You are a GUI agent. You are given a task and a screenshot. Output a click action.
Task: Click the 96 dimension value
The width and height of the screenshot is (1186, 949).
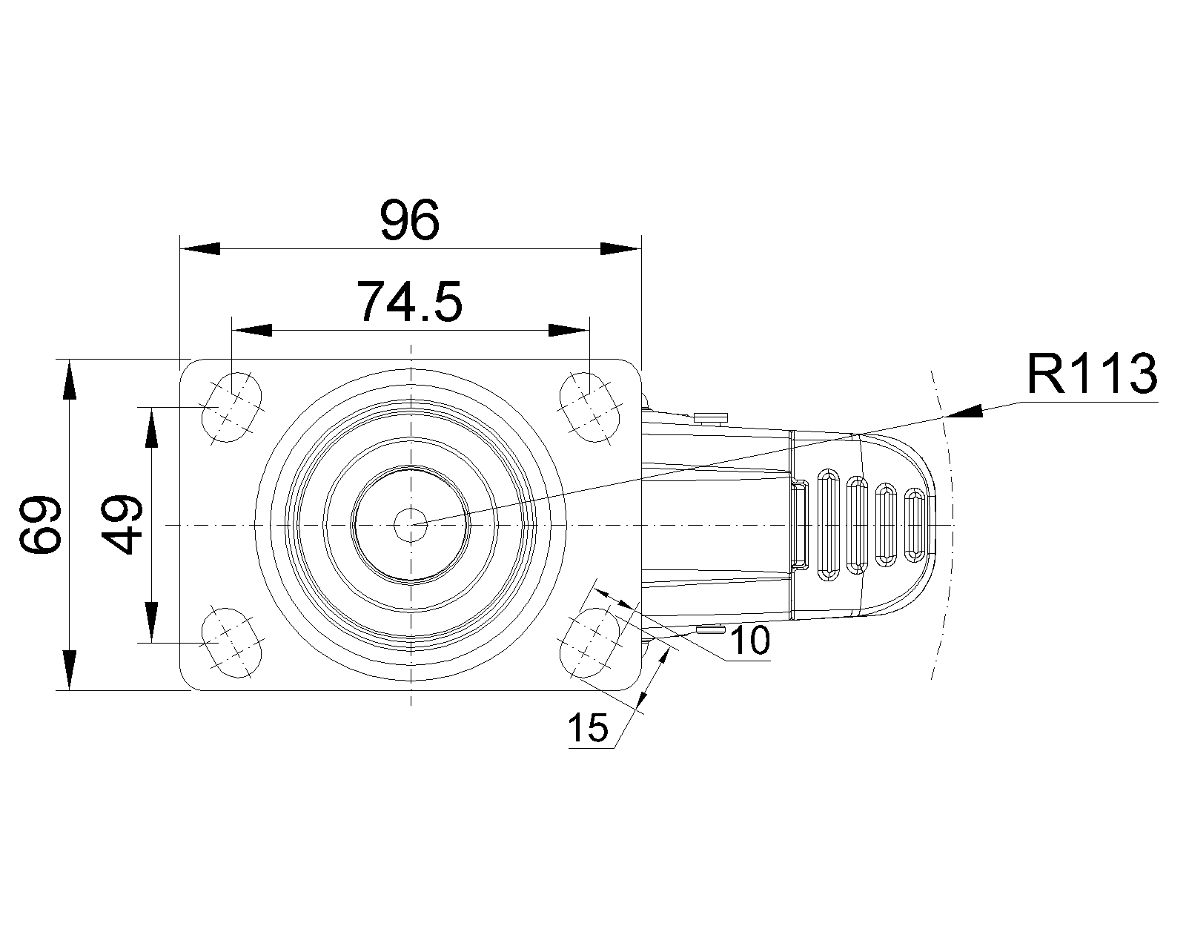tap(410, 220)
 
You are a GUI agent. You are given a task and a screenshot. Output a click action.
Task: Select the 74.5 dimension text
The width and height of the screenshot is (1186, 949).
tap(410, 302)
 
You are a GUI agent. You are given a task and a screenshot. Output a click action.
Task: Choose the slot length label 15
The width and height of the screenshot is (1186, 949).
tap(588, 728)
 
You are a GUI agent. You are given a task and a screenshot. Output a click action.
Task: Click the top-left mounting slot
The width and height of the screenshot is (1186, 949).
tap(233, 407)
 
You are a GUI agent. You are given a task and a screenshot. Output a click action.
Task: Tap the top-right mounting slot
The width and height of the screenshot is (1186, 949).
tap(589, 407)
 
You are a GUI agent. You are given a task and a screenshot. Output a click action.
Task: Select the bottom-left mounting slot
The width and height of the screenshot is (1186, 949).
tap(233, 642)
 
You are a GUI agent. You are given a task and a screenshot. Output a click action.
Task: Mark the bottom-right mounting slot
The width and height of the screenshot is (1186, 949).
tap(589, 642)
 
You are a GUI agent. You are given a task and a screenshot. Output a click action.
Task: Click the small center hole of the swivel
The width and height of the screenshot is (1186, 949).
tap(411, 524)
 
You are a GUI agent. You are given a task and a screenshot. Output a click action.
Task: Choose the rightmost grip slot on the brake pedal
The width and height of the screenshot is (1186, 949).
tap(916, 525)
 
